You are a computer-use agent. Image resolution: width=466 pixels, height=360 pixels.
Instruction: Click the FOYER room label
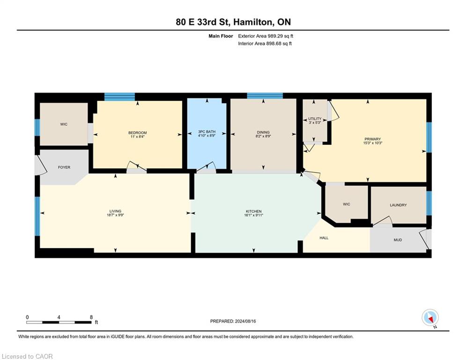tap(64, 167)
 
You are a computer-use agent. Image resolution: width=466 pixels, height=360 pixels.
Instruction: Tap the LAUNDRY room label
tap(398, 205)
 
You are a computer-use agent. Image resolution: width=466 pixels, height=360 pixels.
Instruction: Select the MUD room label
tap(398, 240)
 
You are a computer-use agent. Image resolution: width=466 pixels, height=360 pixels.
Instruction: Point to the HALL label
tap(324, 238)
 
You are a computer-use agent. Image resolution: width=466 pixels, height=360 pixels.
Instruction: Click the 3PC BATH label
tap(207, 132)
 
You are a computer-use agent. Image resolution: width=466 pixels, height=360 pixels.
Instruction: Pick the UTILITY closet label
tap(315, 119)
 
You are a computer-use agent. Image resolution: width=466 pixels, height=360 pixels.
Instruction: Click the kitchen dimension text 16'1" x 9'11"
tap(253, 215)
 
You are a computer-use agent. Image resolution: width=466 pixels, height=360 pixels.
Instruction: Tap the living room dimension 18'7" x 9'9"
tap(115, 215)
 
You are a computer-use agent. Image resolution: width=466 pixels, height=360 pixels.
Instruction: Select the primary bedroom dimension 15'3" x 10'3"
tap(373, 143)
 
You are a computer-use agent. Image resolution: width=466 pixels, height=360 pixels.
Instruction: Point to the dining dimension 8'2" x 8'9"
tap(263, 136)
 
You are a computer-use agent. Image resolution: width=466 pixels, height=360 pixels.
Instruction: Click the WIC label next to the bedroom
tap(64, 124)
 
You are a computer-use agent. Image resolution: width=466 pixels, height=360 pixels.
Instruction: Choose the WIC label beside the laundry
tap(346, 204)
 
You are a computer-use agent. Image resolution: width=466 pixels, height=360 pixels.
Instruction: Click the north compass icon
tap(430, 317)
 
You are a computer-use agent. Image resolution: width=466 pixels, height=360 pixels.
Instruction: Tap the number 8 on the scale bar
tap(91, 317)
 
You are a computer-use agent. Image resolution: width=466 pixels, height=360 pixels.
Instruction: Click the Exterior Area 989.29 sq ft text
tap(266, 36)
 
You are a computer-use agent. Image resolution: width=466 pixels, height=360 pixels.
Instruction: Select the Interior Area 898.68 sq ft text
tap(265, 44)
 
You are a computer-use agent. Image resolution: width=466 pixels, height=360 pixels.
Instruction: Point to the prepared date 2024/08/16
tap(245, 321)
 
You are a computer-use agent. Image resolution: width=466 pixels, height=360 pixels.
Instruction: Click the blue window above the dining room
tap(265, 96)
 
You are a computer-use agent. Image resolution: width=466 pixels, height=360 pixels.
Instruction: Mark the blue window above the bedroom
tap(119, 97)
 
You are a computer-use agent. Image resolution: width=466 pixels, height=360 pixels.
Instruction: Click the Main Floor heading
tap(221, 36)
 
